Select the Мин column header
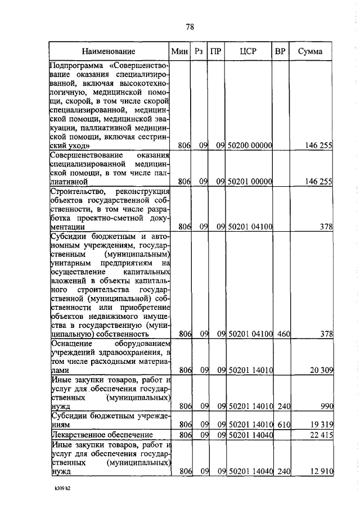pyautogui.click(x=179, y=51)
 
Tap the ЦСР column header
pyautogui.click(x=247, y=51)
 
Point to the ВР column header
pyautogui.click(x=280, y=51)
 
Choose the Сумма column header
pyautogui.click(x=310, y=51)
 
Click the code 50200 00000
pyautogui.click(x=250, y=146)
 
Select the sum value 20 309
pyautogui.click(x=319, y=371)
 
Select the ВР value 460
pyautogui.click(x=283, y=335)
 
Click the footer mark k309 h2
pyautogui.click(x=58, y=489)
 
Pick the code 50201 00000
pyautogui.click(x=250, y=182)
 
